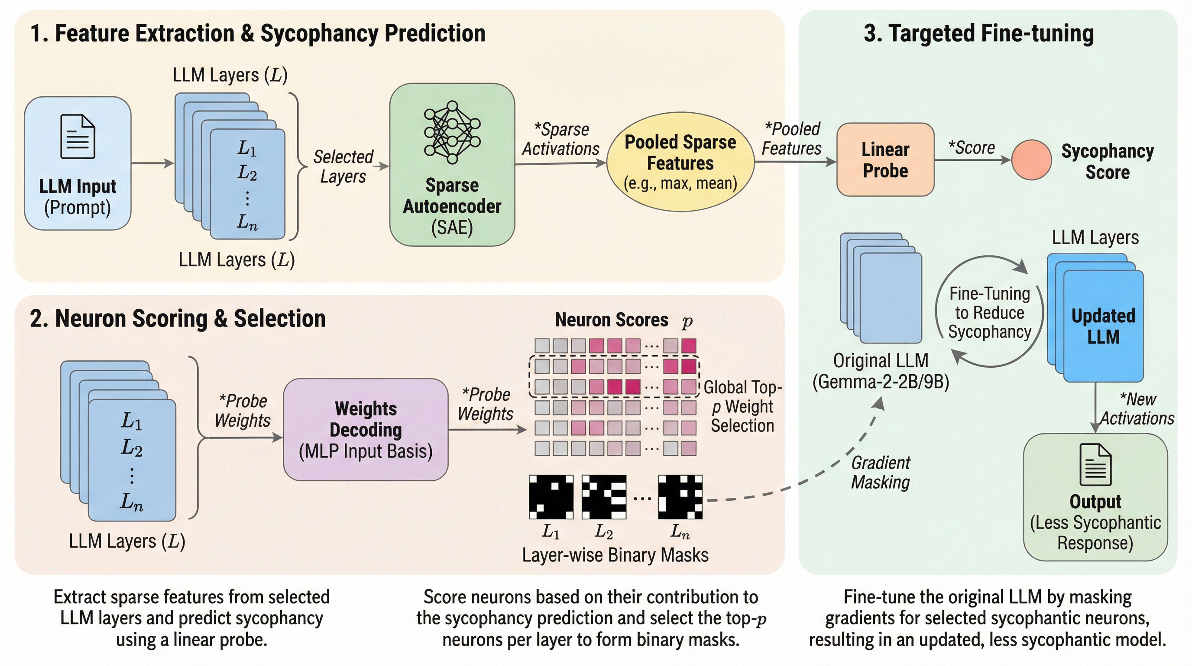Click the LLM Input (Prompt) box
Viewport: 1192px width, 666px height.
point(78,163)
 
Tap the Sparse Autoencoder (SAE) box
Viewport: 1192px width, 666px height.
point(452,164)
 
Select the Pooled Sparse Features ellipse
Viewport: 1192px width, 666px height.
point(680,162)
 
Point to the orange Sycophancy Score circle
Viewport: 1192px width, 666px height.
point(1031,160)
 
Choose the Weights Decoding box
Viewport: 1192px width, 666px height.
point(366,430)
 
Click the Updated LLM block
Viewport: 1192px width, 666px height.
point(1103,326)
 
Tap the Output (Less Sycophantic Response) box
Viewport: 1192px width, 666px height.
point(1095,497)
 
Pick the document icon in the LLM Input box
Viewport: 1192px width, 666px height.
point(78,137)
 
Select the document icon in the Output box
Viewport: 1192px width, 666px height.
point(1095,464)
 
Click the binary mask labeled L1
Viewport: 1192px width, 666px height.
point(551,497)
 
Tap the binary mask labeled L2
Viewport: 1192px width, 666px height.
point(604,497)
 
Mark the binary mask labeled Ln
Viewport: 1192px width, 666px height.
point(680,497)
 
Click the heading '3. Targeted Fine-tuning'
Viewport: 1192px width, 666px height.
point(979,33)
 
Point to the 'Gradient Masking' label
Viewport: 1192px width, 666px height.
point(881,473)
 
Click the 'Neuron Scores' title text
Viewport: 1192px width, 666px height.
point(611,320)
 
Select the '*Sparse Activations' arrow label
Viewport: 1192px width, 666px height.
point(561,139)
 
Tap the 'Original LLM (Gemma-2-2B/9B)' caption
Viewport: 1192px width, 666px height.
point(881,371)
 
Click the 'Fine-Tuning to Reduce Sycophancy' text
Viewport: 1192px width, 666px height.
point(990,313)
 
